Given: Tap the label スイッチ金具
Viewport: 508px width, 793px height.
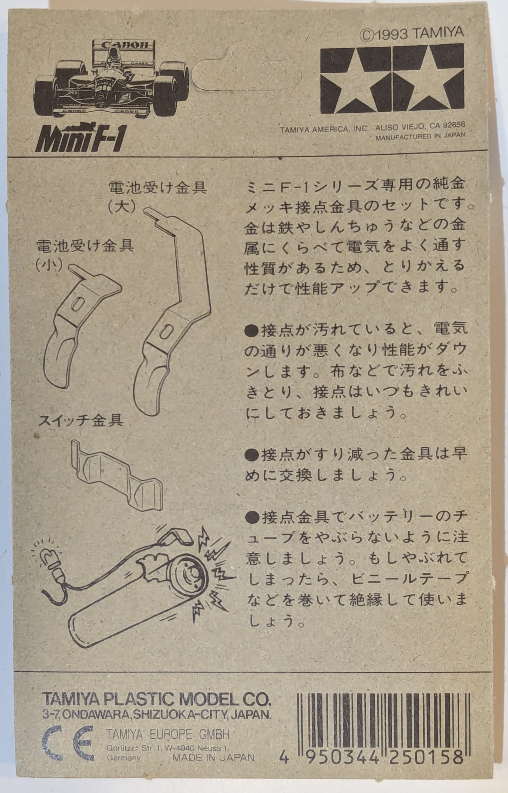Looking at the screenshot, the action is (x=81, y=421).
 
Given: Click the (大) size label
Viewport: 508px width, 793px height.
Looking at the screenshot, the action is (x=122, y=207).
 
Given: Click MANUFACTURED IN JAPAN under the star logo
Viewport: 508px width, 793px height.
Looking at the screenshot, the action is (x=421, y=135).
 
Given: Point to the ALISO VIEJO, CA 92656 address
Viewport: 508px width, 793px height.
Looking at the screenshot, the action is (x=420, y=126).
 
